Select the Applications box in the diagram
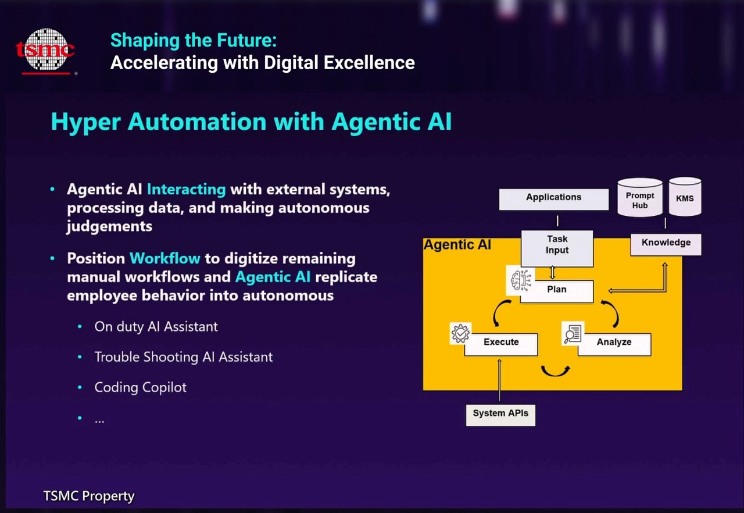554,199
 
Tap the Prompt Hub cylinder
640,198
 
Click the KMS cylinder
685,197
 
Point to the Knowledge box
666,244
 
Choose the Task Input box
557,248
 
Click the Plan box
557,291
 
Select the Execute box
501,344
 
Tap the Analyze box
614,344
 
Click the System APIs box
500,415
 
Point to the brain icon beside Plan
520,280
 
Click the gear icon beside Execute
460,333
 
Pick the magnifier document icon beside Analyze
573,333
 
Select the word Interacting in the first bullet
187,190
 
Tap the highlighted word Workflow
165,258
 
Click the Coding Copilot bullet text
141,388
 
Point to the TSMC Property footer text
89,496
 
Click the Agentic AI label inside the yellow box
457,245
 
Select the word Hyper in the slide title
85,122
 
